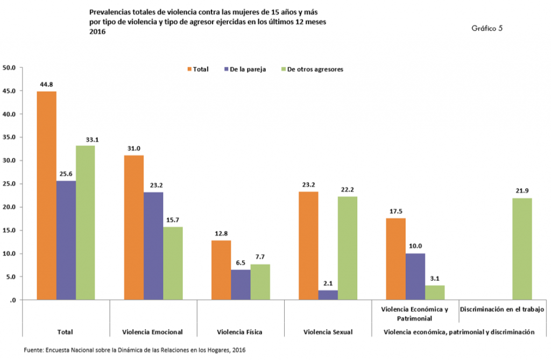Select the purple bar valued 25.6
click(66, 240)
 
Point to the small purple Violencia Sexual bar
click(328, 295)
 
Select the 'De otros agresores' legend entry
click(312, 69)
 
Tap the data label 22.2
click(347, 189)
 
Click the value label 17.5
click(395, 211)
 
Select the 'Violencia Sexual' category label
click(327, 331)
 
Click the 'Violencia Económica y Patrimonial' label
click(414, 313)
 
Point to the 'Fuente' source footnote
click(135, 350)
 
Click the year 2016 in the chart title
click(98, 32)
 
